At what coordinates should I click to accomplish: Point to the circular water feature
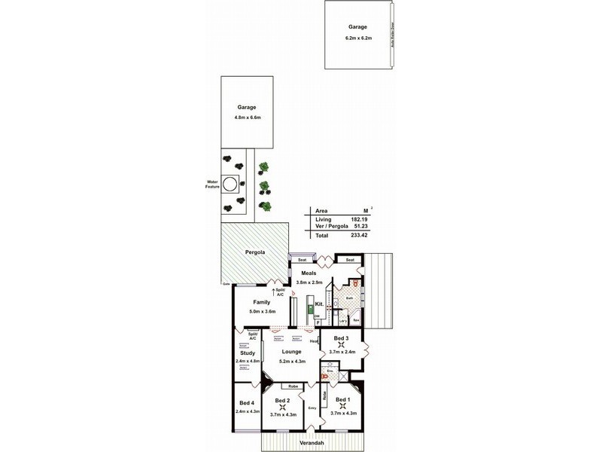pyautogui.click(x=232, y=182)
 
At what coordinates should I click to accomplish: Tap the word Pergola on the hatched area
pyautogui.click(x=256, y=252)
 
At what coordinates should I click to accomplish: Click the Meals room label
pyautogui.click(x=309, y=273)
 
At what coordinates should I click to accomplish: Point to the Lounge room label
pyautogui.click(x=291, y=351)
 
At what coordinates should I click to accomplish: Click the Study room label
pyautogui.click(x=248, y=353)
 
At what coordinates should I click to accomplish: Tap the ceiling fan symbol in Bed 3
pyautogui.click(x=341, y=345)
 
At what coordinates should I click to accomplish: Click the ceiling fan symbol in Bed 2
pyautogui.click(x=283, y=408)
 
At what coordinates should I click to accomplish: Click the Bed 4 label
pyautogui.click(x=248, y=404)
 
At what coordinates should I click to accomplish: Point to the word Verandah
pyautogui.click(x=312, y=442)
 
